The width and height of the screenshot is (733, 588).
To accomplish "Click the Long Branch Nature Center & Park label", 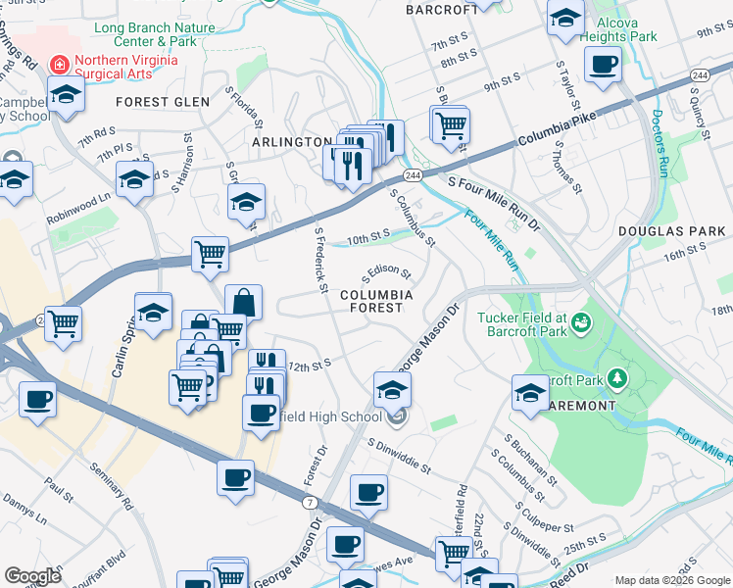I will pyautogui.click(x=154, y=34).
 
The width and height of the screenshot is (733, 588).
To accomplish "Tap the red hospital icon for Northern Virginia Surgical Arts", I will pyautogui.click(x=59, y=65).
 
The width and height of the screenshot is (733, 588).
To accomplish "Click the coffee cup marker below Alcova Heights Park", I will pyautogui.click(x=603, y=66).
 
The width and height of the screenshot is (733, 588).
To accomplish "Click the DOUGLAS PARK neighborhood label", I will pyautogui.click(x=671, y=231).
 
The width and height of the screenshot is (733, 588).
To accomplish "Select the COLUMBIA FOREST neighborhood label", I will pyautogui.click(x=376, y=301).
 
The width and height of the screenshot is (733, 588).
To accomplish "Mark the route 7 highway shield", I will pyautogui.click(x=310, y=501).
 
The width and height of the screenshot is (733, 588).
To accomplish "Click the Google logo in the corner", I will pyautogui.click(x=32, y=576).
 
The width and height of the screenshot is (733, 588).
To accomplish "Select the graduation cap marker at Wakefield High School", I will pyautogui.click(x=392, y=389).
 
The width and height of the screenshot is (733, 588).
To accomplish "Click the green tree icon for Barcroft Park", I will pyautogui.click(x=617, y=377).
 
